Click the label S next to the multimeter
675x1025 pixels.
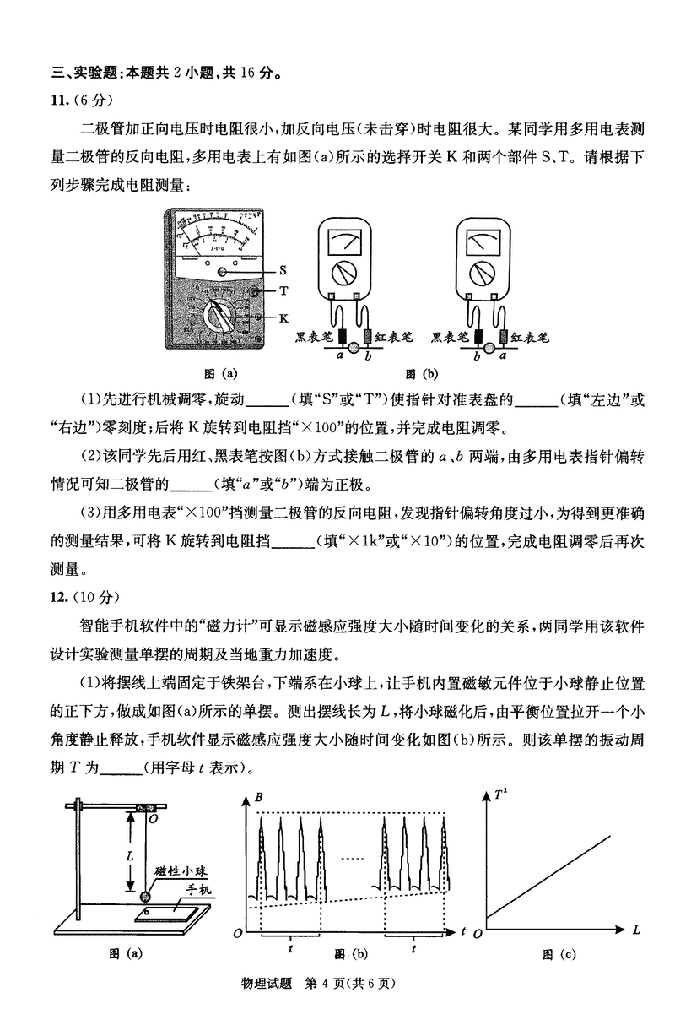pyautogui.click(x=283, y=271)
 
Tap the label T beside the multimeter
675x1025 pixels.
pyautogui.click(x=283, y=290)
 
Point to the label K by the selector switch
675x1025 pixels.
pyautogui.click(x=283, y=317)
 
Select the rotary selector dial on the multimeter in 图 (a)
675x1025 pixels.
pyautogui.click(x=221, y=319)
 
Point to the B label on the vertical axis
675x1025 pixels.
pyautogui.click(x=258, y=797)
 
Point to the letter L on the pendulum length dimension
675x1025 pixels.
pyautogui.click(x=130, y=854)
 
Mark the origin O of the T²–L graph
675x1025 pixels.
pyautogui.click(x=478, y=932)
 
